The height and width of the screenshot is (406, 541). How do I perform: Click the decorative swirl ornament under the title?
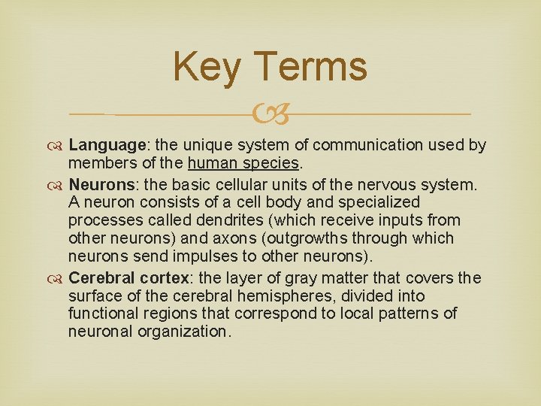(x=270, y=114)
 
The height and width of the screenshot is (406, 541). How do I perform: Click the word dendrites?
(x=224, y=220)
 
